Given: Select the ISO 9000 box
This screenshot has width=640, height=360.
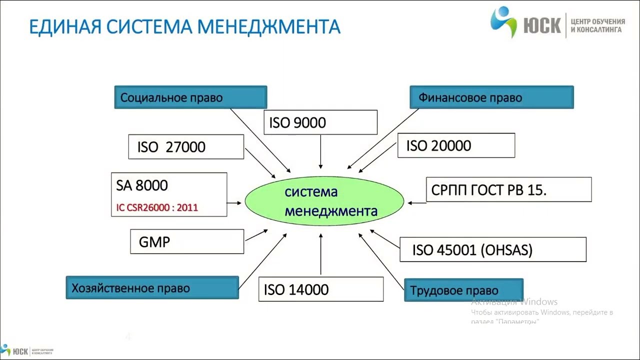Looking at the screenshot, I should click(320, 122).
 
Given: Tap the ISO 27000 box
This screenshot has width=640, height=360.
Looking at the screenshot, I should click(186, 147).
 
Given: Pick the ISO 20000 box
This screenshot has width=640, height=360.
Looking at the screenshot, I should click(456, 145).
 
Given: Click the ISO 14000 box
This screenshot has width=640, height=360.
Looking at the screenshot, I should click(320, 289).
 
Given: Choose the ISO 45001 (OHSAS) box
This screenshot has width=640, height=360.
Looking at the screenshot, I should click(492, 249).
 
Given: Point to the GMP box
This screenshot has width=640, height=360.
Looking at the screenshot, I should click(187, 242).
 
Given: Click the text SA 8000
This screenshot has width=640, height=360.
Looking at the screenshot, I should click(142, 185).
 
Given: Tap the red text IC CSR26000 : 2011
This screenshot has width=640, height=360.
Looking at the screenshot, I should click(157, 207).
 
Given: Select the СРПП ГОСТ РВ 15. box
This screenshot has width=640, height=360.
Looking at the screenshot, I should click(508, 190).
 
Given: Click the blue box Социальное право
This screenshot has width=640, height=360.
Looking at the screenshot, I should click(190, 97).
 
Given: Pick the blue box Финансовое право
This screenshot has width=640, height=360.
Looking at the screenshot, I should click(491, 97).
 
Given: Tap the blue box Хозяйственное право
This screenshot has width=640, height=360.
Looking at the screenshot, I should click(152, 288).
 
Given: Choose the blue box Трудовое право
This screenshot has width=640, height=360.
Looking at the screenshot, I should click(463, 290).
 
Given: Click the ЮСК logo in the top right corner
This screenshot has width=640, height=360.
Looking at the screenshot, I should click(557, 22).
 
